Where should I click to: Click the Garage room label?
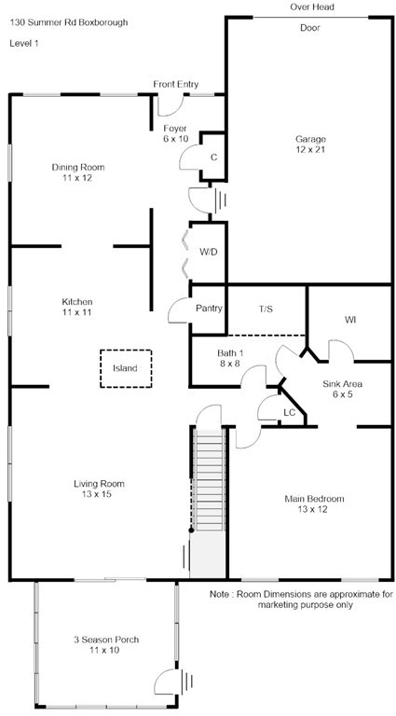[310, 139]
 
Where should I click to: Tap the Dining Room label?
[78, 167]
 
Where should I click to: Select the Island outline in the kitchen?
[126, 368]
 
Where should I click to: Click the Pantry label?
[209, 309]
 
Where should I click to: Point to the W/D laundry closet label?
[208, 252]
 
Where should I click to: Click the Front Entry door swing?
[171, 106]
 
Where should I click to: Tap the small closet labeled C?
[212, 157]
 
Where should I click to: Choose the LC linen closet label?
[289, 412]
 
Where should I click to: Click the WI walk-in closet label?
[350, 321]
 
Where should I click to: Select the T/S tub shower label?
[266, 310]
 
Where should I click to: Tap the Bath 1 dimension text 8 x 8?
[229, 364]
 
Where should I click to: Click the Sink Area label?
[343, 384]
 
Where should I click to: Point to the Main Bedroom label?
[314, 499]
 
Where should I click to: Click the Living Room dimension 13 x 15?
[99, 494]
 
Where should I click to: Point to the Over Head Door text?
[310, 18]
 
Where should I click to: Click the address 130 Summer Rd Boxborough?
[69, 22]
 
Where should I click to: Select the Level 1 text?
[23, 44]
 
